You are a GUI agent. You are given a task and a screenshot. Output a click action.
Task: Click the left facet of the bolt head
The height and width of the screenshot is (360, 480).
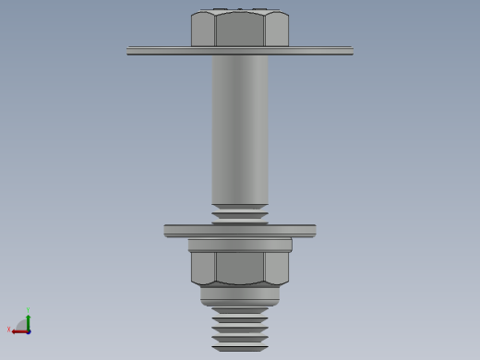point(203,30)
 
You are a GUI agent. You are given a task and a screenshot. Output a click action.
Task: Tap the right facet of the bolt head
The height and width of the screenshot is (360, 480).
point(276,30)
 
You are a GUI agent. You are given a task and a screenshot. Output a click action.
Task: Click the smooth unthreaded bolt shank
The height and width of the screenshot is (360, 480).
point(240,129)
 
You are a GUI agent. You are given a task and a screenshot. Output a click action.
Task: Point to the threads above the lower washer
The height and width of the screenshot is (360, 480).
point(240,215)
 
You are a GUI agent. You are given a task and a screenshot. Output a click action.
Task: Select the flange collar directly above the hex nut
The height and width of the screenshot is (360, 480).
point(240,246)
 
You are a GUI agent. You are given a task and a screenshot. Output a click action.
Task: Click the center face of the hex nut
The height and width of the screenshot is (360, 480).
point(240,268)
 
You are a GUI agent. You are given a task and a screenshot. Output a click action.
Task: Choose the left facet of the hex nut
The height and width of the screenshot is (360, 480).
point(203,268)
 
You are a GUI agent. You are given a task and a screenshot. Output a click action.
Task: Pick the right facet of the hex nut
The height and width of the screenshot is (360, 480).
point(277,268)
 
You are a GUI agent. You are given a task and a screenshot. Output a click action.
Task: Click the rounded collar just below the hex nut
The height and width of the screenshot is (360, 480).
point(240,295)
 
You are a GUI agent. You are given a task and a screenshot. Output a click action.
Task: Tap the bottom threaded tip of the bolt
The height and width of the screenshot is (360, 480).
point(240,332)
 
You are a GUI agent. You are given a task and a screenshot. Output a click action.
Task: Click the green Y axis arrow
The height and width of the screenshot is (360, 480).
point(29,319)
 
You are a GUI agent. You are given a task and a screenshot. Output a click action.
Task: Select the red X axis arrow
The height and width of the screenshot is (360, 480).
point(18,330)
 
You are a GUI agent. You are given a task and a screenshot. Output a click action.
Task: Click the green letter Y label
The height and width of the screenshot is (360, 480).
point(29,310)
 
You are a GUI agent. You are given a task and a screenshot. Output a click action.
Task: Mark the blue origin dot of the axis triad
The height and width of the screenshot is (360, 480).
point(29,330)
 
